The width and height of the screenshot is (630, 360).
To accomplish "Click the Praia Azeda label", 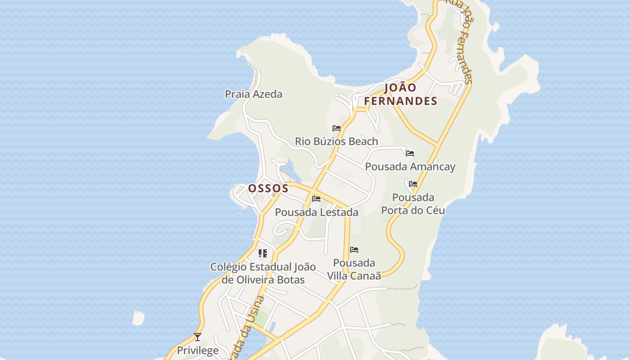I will (x=254, y=94).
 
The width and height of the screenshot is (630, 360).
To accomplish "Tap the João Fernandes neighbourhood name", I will (x=400, y=94).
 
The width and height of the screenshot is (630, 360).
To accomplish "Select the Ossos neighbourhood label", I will (x=268, y=188).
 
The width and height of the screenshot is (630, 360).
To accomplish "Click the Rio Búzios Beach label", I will (x=336, y=141).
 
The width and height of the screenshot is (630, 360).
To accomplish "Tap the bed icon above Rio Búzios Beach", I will (x=336, y=128).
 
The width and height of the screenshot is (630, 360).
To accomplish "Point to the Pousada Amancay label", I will (x=410, y=166).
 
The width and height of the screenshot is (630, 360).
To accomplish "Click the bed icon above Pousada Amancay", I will (x=409, y=153).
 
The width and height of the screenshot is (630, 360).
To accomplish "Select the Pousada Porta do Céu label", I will (x=413, y=204).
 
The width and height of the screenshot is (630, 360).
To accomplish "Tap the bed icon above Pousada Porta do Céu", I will (x=413, y=184).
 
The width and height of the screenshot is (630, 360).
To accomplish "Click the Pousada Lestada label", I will (x=316, y=212).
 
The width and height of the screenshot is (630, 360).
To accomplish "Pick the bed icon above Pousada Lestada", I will (x=316, y=199).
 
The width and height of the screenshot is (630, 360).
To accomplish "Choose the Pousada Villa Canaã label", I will (x=354, y=269).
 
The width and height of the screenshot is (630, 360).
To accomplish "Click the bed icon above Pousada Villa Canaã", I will (x=354, y=250).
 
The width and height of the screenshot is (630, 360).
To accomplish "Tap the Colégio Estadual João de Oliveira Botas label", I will (x=263, y=273).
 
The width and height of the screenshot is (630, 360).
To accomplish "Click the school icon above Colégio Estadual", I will (x=263, y=253).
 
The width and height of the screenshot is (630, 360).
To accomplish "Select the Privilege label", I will (x=198, y=350).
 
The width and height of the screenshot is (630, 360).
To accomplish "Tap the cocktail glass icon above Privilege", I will (x=198, y=337).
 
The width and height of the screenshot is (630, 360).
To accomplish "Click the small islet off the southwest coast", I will (x=138, y=318).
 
